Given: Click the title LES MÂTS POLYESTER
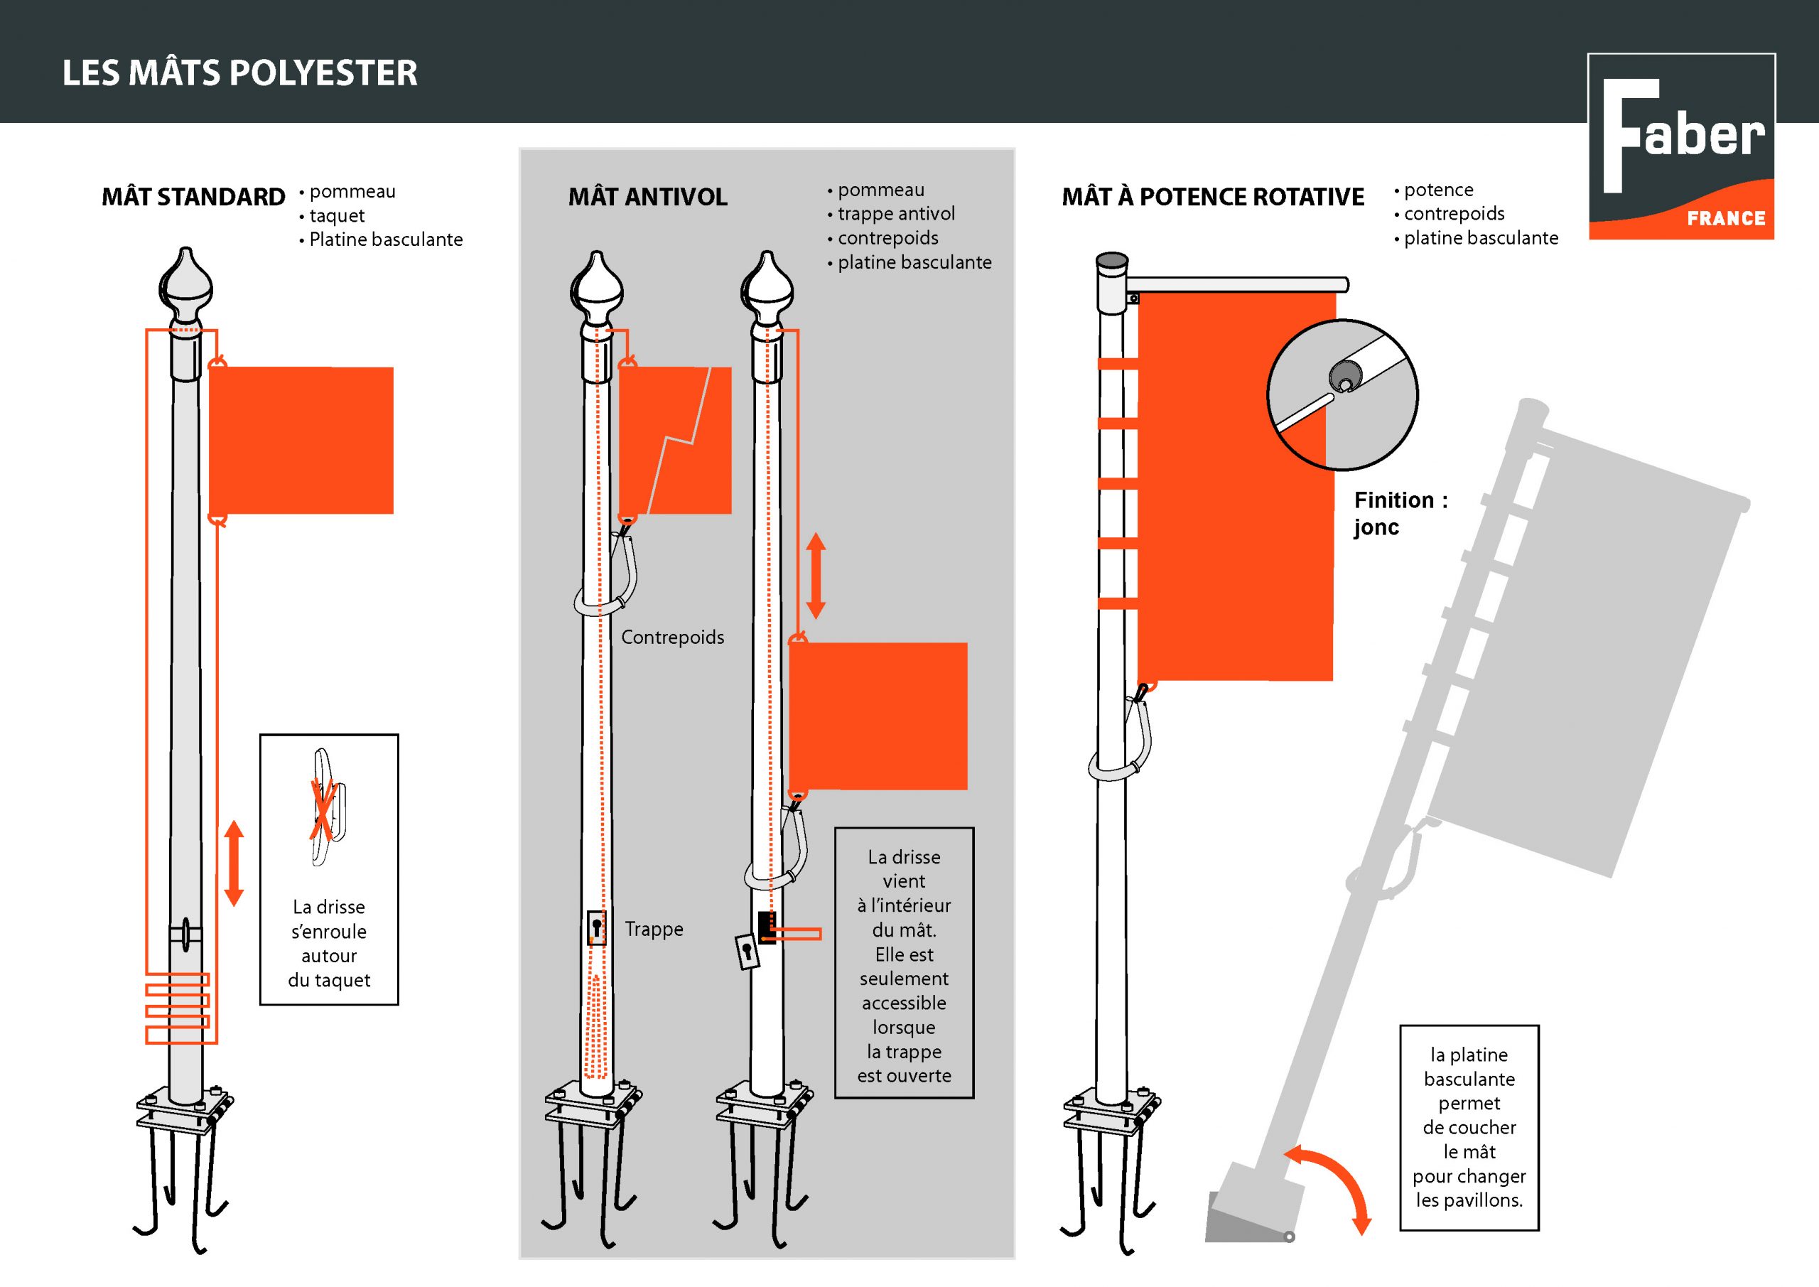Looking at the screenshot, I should [x=239, y=73].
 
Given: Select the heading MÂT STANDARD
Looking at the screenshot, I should [x=193, y=197].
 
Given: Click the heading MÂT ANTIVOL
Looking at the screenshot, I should [x=647, y=197].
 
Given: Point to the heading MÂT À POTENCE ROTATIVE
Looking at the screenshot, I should [x=1212, y=197].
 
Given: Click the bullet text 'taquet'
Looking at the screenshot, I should [x=337, y=215].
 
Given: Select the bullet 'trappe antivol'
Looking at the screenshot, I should [x=896, y=214].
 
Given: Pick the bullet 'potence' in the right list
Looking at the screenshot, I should [x=1438, y=190].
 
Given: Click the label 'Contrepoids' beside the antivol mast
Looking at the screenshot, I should [x=672, y=637].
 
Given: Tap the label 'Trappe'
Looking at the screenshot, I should [x=654, y=929].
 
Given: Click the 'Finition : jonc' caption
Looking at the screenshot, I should [x=1399, y=514].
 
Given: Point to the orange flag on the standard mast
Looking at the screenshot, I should [x=301, y=440].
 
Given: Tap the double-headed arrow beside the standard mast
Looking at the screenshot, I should [x=234, y=864].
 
